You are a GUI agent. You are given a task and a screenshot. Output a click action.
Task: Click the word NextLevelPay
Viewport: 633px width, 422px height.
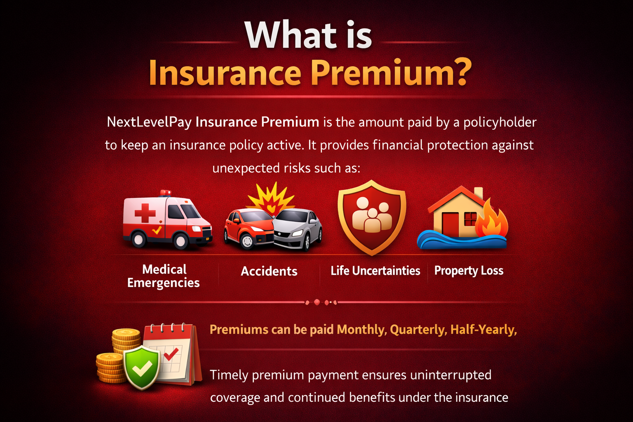pyautogui.click(x=149, y=122)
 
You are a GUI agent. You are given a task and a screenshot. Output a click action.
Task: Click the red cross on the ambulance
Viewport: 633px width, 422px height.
pyautogui.click(x=145, y=213)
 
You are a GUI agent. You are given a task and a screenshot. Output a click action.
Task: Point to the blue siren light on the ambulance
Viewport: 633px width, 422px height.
pyautogui.click(x=166, y=192)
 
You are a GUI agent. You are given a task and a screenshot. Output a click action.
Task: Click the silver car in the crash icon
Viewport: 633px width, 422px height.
pyautogui.click(x=298, y=229)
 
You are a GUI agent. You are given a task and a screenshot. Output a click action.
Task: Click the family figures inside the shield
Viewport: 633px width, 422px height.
pyautogui.click(x=372, y=215)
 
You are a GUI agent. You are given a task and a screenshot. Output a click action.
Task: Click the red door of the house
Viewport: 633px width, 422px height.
pyautogui.click(x=450, y=225)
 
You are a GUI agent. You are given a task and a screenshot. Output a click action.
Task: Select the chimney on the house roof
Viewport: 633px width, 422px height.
pyautogui.click(x=478, y=193)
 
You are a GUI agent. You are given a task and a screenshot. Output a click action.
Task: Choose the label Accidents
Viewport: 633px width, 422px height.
pyautogui.click(x=269, y=271)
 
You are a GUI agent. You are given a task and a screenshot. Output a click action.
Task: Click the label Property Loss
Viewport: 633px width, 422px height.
pyautogui.click(x=469, y=271)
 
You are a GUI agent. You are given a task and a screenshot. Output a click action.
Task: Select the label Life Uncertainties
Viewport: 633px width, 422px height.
pyautogui.click(x=375, y=271)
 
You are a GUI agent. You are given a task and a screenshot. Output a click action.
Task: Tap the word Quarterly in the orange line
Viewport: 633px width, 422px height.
pyautogui.click(x=418, y=330)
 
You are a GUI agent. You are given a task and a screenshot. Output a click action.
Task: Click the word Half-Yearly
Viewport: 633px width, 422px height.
pyautogui.click(x=483, y=330)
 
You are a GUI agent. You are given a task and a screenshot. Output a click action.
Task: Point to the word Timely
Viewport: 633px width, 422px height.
pyautogui.click(x=229, y=375)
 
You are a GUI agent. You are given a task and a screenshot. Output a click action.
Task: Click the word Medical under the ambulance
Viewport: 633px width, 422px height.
pyautogui.click(x=164, y=270)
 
